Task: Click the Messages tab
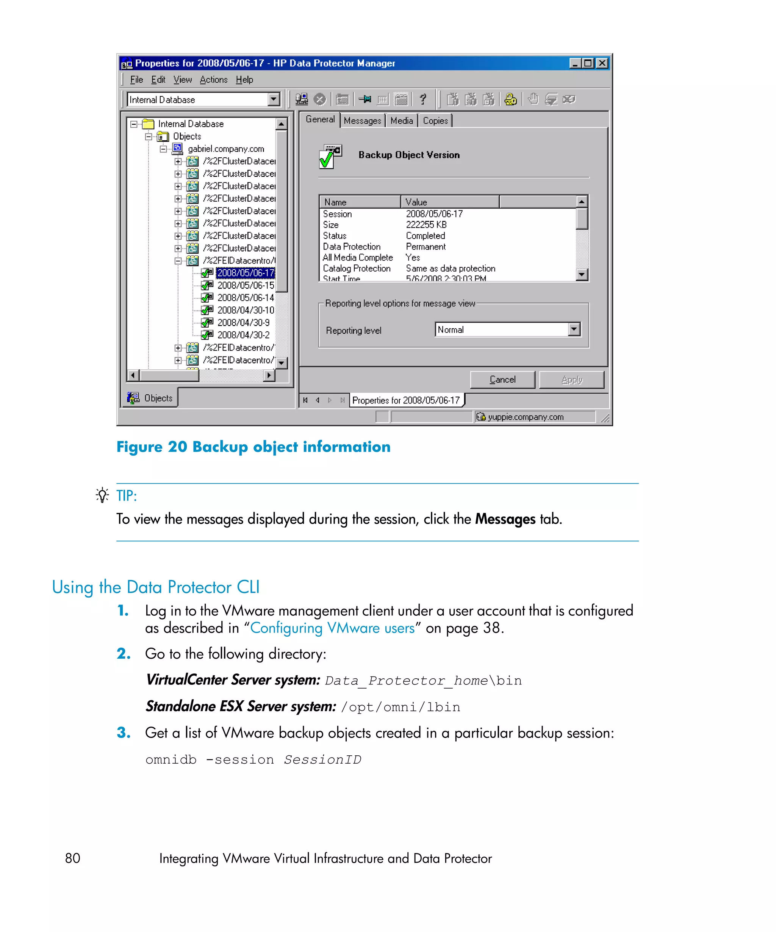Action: pos(362,121)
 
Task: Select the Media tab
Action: pos(401,121)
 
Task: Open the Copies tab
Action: pos(435,121)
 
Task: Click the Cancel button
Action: pos(502,380)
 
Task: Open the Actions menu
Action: pos(213,80)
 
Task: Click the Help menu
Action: pos(244,80)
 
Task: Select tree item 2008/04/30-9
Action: pos(243,323)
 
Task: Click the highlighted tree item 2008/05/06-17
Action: pos(245,273)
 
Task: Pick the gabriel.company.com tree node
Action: pos(226,149)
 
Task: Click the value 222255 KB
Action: pos(426,225)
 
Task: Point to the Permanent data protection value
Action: pos(426,247)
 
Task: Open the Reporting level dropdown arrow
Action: pos(574,329)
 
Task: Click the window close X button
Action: pos(602,63)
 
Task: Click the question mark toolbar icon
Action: pos(423,99)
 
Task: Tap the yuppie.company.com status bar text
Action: pos(525,417)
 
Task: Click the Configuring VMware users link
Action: pos(332,628)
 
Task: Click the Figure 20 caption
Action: pos(253,447)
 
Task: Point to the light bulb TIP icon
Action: pos(102,495)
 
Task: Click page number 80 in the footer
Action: pos(73,858)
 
